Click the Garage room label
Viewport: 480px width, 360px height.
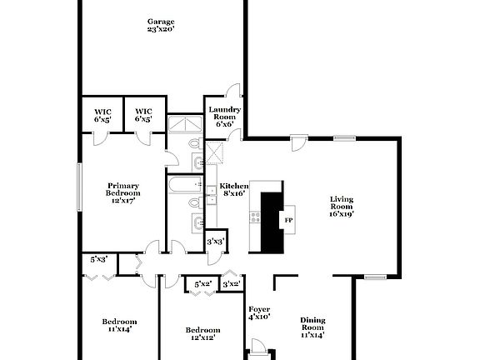[161, 21]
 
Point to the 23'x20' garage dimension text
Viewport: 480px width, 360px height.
[161, 29]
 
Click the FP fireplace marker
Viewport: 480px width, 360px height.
[289, 220]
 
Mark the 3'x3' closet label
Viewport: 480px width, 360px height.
[215, 242]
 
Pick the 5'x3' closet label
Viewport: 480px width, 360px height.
[98, 259]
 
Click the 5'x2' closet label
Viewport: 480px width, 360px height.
[202, 284]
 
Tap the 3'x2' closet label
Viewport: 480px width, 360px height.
[231, 284]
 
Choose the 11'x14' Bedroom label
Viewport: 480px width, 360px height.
[119, 325]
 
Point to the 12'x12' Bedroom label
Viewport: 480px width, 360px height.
[202, 333]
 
